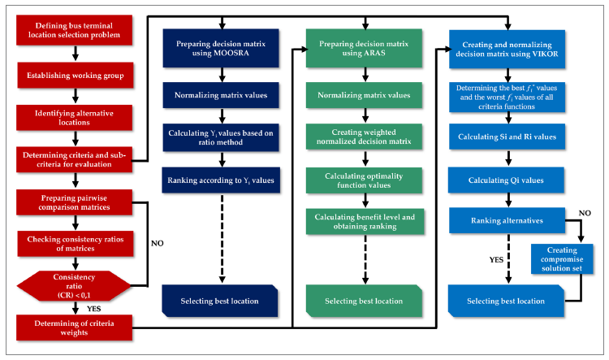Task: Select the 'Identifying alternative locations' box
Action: [75, 116]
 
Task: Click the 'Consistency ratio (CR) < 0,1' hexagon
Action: [75, 285]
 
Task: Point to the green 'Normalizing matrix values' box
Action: [364, 95]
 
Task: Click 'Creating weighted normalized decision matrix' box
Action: [364, 137]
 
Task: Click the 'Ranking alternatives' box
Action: [507, 220]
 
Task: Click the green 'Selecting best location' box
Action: [364, 301]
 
